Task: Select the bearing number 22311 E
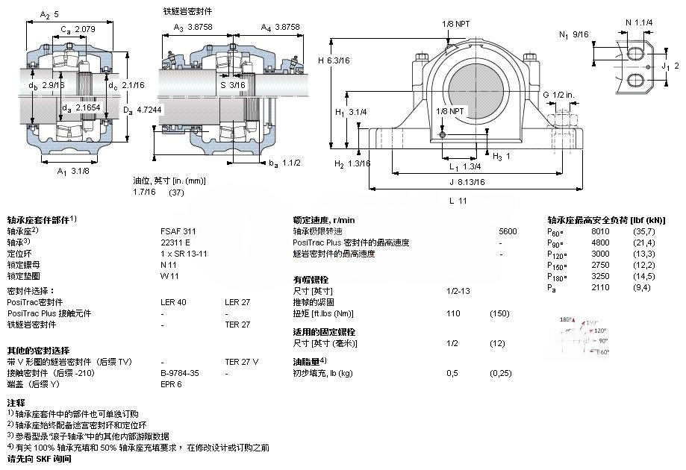[175, 242]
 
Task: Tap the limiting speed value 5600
[508, 231]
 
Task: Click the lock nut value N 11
[169, 264]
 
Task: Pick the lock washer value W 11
[169, 275]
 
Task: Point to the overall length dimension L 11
[458, 201]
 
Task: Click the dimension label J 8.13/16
[467, 181]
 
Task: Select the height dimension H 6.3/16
[332, 60]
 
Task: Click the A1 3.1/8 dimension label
[72, 172]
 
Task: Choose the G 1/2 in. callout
[558, 94]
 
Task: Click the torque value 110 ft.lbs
[452, 313]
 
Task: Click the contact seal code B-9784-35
[180, 372]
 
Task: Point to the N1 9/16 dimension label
[574, 34]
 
